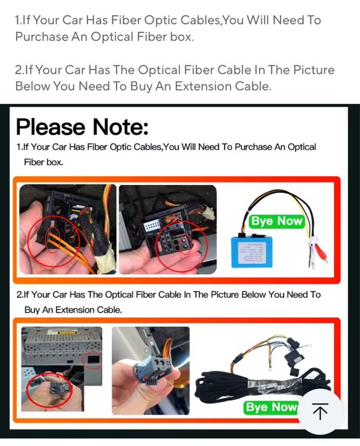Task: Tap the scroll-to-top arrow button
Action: coord(320,411)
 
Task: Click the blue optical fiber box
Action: coord(252,252)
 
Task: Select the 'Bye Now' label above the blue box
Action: coord(276,221)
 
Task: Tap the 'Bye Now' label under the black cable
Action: coord(271,407)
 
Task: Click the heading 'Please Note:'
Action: coord(82,127)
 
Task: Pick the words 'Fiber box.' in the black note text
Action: coord(43,162)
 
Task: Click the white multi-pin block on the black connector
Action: coord(152,226)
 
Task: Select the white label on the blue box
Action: coord(252,253)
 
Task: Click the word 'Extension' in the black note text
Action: coord(75,309)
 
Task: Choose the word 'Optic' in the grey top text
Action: coord(160,20)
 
